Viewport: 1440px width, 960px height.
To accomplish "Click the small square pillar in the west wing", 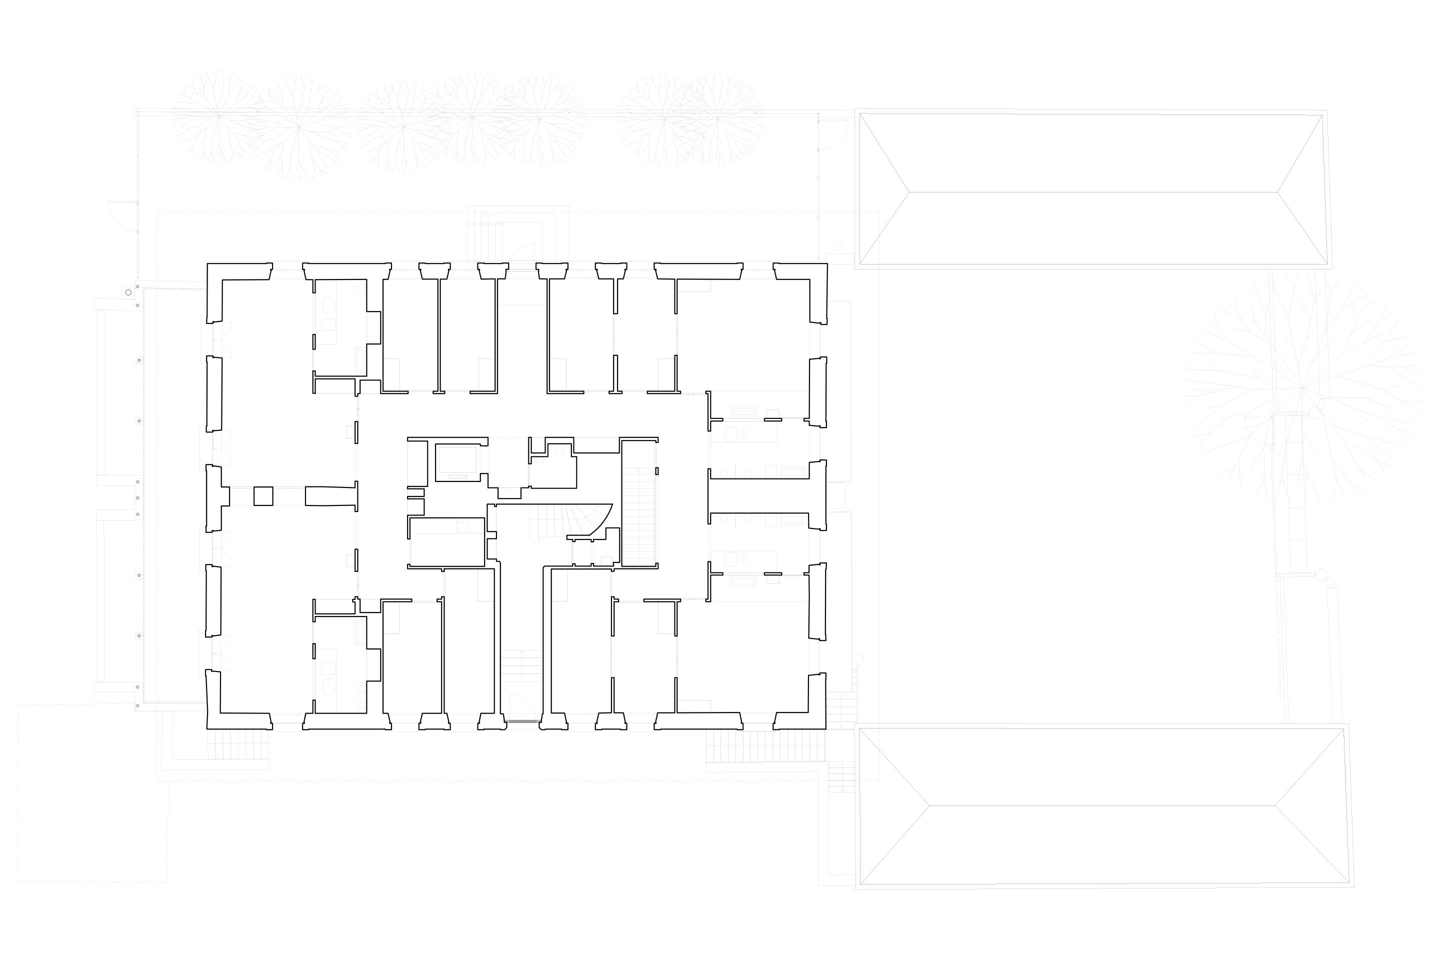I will click(263, 496).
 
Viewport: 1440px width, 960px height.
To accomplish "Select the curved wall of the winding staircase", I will click(602, 521).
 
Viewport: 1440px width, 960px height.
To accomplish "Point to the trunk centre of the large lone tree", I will click(1302, 387).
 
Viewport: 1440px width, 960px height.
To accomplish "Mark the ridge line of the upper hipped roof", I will click(1093, 192).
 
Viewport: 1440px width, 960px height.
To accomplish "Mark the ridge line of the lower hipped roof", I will click(1102, 805).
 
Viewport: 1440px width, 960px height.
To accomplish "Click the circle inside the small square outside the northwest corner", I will click(128, 292).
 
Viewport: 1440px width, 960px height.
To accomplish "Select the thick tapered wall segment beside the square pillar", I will click(330, 496).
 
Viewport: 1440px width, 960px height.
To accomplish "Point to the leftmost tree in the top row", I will click(218, 116).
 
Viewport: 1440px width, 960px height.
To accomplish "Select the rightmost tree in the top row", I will click(717, 119).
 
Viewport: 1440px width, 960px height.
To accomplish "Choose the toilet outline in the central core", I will click(558, 452).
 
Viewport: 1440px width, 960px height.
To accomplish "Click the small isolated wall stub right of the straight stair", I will click(657, 471).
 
